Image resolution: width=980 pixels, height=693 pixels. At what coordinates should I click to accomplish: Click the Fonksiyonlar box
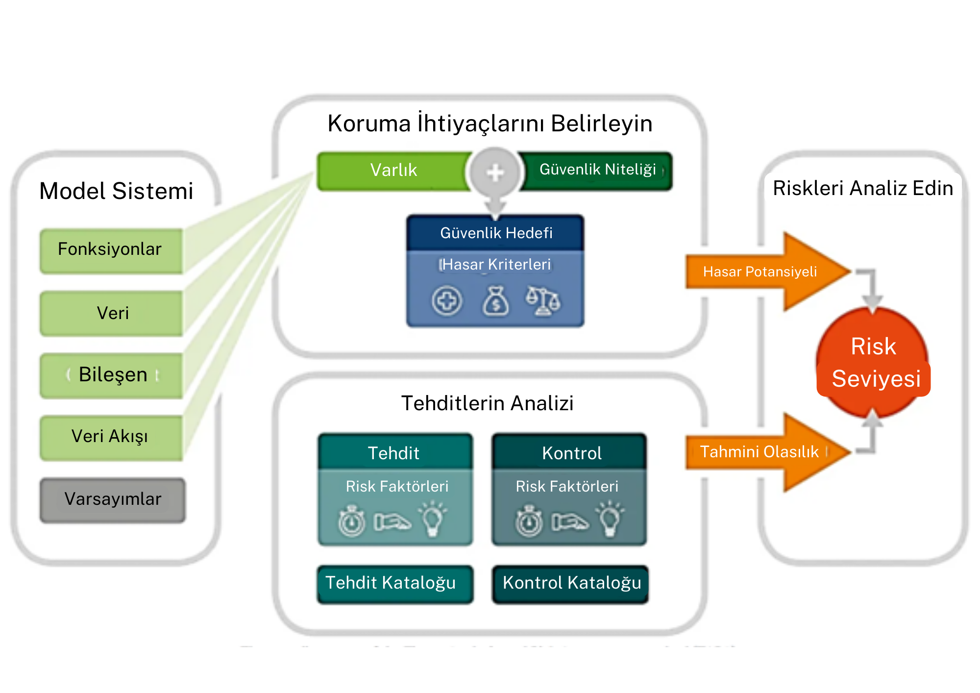point(111,250)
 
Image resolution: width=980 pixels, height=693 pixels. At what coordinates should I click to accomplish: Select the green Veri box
point(111,313)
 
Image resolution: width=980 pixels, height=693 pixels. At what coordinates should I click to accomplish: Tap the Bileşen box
point(111,375)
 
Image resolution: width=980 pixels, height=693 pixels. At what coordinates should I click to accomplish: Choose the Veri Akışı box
point(111,437)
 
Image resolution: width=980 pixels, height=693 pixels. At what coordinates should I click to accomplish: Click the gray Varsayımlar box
point(113,499)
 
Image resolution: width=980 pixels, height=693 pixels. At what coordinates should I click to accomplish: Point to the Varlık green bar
point(393,171)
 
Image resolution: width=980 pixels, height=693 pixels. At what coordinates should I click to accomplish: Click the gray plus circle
point(495,173)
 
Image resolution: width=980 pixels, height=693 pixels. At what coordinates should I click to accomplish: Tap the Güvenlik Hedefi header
point(495,233)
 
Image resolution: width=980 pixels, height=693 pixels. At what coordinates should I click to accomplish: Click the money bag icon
point(495,301)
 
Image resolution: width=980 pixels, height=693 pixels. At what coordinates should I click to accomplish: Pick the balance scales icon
point(543,301)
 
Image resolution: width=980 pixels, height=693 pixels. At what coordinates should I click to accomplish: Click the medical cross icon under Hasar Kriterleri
point(447,301)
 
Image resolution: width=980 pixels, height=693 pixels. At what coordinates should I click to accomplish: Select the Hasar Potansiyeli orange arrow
point(764,272)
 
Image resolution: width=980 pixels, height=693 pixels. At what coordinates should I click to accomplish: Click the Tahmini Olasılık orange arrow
point(764,452)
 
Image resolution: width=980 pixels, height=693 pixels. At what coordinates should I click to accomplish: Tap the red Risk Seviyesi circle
point(873,363)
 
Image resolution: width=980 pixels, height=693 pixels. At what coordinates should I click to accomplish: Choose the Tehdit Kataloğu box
point(395,583)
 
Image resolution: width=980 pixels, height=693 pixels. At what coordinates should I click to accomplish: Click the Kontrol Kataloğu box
point(570,583)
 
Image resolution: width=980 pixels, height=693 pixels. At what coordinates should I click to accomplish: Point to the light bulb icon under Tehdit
point(432,519)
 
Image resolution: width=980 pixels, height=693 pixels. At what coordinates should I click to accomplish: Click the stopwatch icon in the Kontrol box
point(529,521)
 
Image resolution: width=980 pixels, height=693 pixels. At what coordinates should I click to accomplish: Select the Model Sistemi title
point(116,191)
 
